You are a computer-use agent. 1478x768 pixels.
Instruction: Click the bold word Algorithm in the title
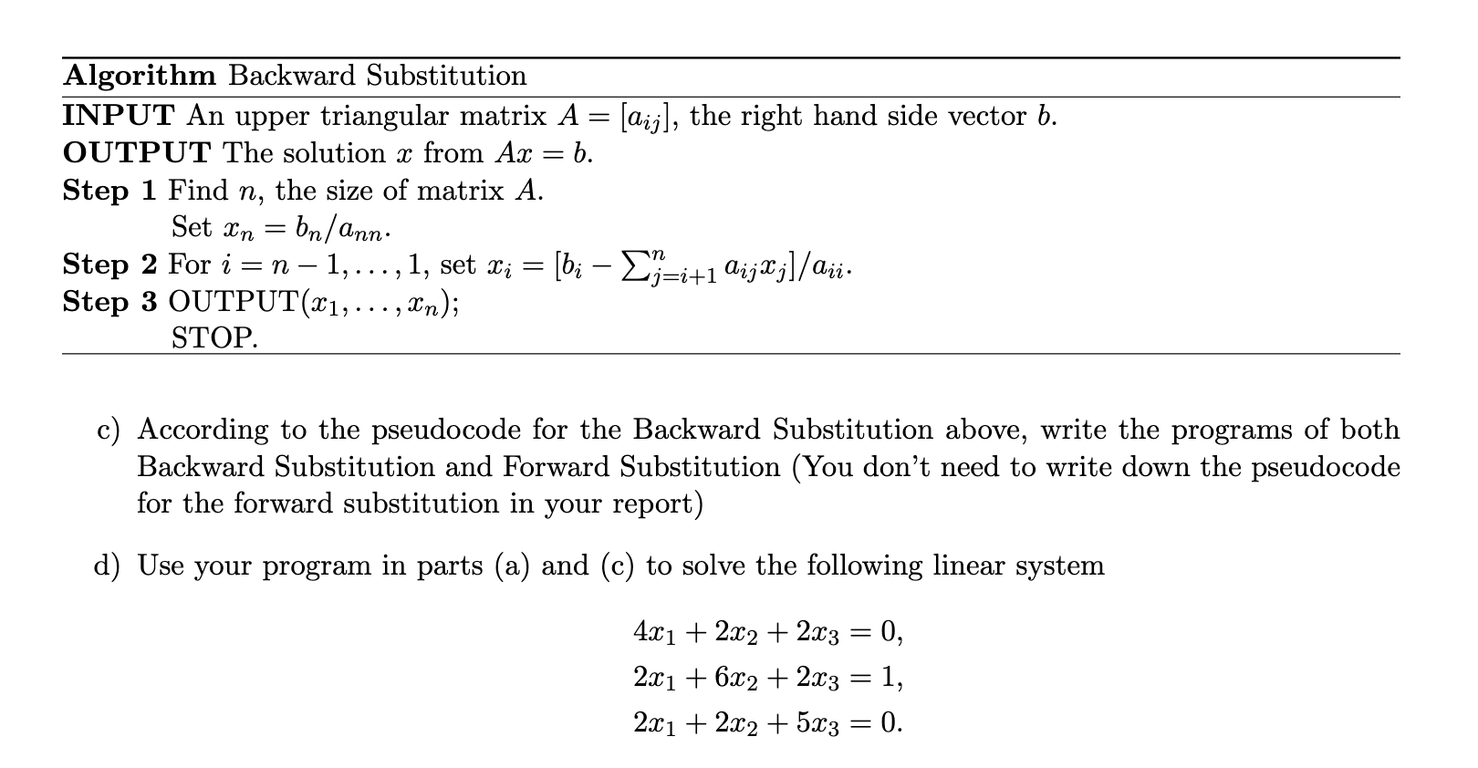tap(140, 76)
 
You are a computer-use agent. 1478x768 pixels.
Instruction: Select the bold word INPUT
tap(119, 116)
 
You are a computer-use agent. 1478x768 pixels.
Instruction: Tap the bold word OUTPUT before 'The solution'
tap(137, 153)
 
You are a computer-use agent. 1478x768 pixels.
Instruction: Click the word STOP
tap(214, 339)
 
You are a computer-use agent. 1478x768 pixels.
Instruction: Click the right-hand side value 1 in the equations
tap(891, 677)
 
